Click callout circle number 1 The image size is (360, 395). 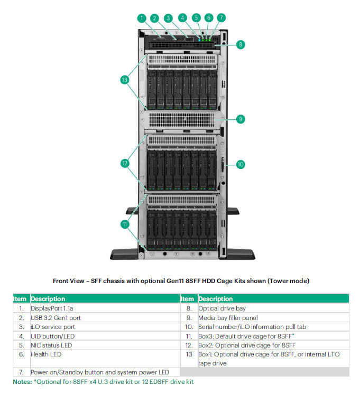tap(142, 18)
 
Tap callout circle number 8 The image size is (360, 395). tap(241, 45)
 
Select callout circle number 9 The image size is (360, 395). tap(241, 119)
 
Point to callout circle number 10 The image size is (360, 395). tap(241, 164)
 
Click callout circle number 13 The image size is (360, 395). tap(125, 80)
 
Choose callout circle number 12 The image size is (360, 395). tap(125, 163)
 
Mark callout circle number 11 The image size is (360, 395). tap(125, 224)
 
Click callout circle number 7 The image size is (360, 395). tap(220, 18)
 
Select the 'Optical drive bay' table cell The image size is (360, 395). tap(221, 308)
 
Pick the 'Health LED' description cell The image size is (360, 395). tap(46, 354)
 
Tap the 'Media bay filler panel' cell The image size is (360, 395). tap(227, 317)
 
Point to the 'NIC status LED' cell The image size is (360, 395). tap(51, 345)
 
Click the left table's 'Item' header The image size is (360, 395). tap(20, 299)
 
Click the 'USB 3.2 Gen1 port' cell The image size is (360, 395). tap(56, 317)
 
